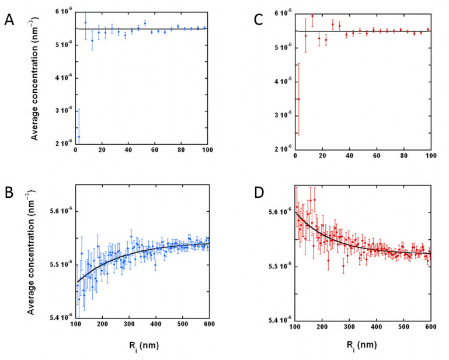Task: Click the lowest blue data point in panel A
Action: [79, 137]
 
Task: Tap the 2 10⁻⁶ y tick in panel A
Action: [60, 143]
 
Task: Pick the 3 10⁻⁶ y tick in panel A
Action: [60, 110]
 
